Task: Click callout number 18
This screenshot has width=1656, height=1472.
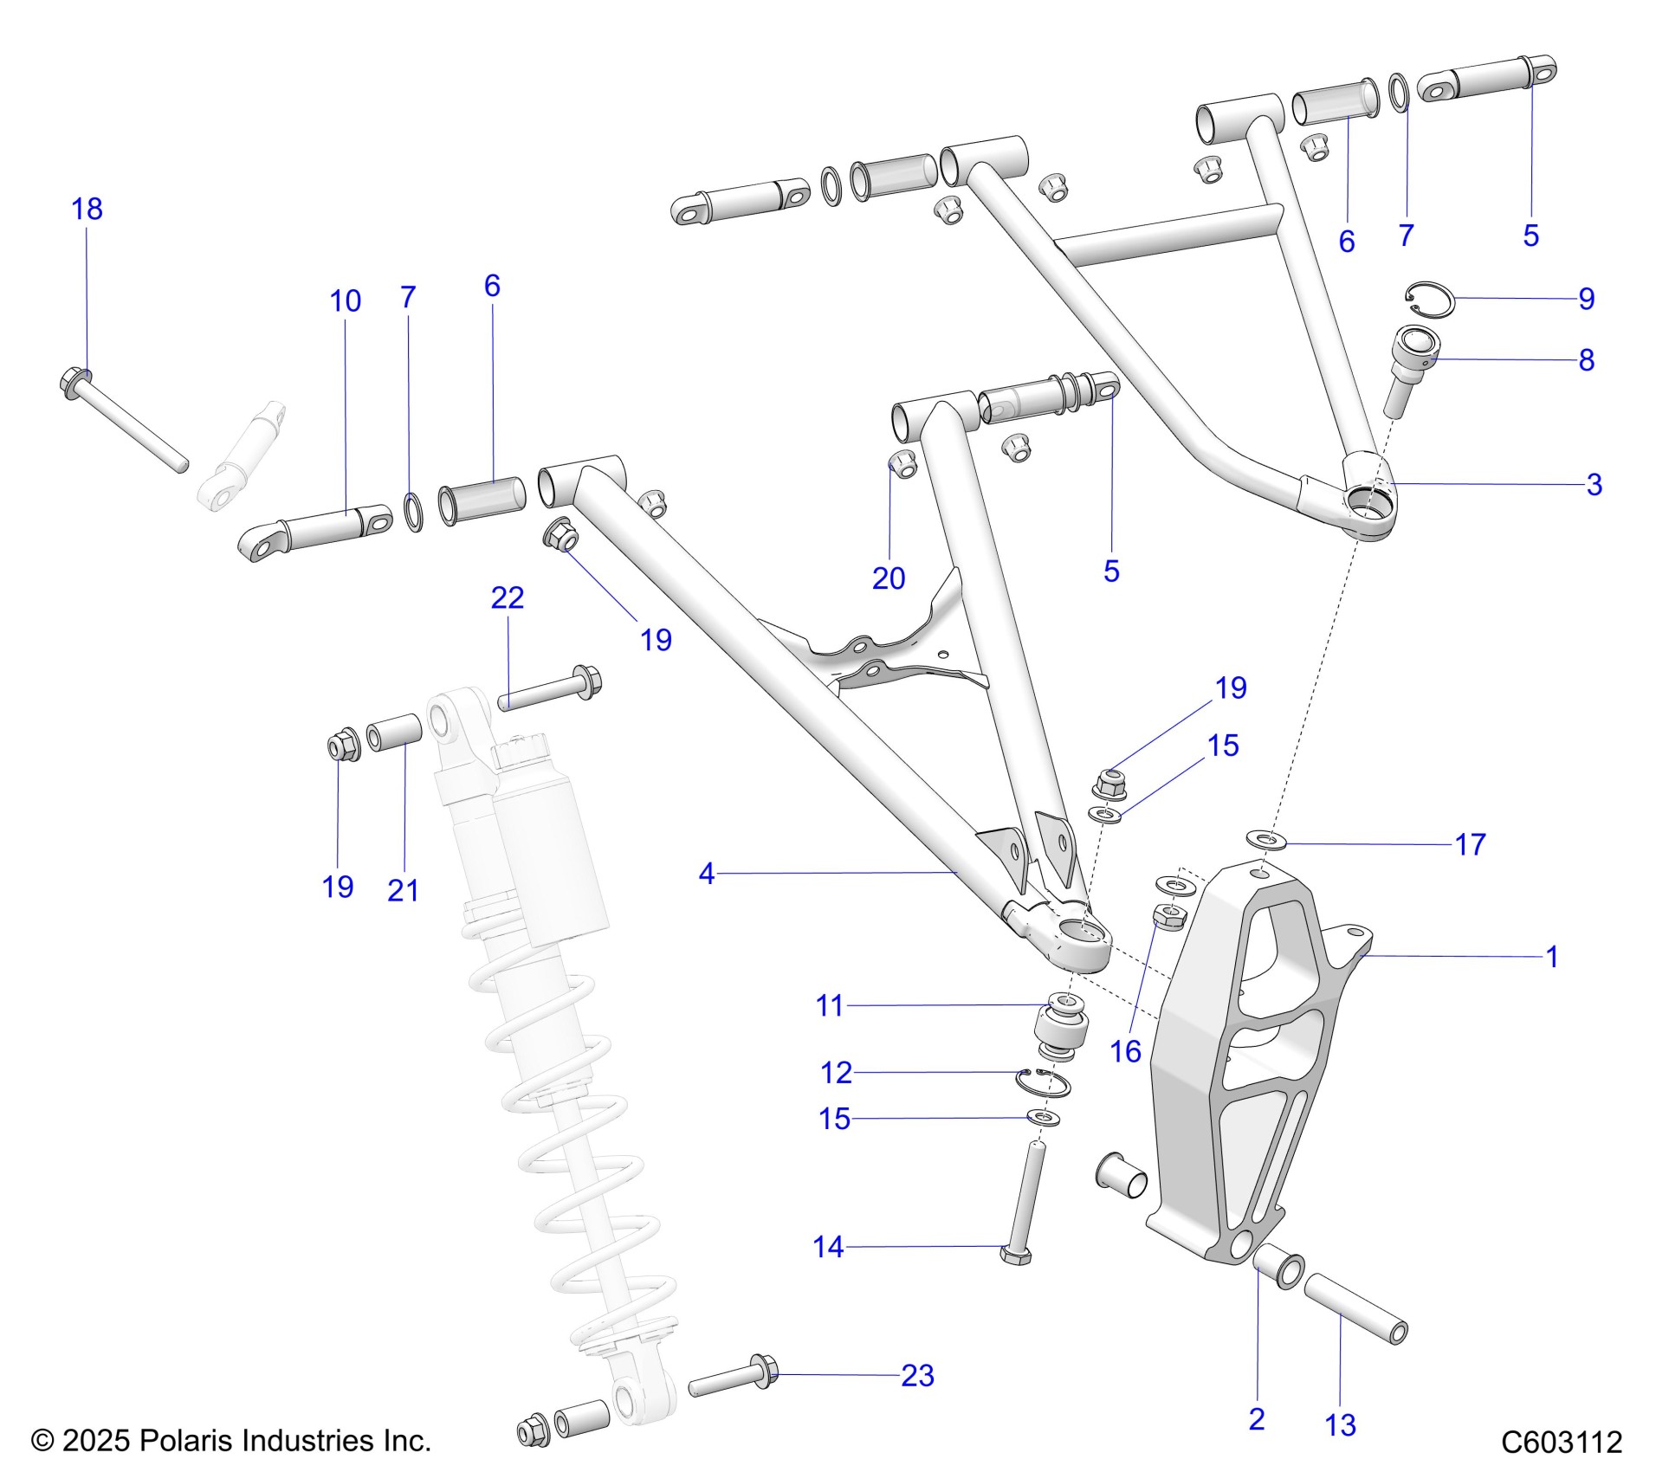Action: tap(87, 210)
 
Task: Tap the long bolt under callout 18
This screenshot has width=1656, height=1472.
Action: tap(126, 421)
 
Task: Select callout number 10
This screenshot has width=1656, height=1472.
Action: tap(345, 301)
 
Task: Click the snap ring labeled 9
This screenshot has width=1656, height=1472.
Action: tap(1428, 297)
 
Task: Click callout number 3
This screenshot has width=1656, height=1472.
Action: tap(1594, 485)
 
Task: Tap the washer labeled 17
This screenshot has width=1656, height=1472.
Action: tap(1266, 839)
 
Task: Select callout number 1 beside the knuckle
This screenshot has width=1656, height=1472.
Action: tap(1552, 957)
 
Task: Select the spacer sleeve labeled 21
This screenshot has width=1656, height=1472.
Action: tap(394, 735)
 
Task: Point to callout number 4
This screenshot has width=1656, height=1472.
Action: tap(707, 874)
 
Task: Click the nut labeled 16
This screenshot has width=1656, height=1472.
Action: tap(1170, 917)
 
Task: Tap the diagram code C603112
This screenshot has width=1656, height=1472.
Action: tap(1561, 1442)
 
